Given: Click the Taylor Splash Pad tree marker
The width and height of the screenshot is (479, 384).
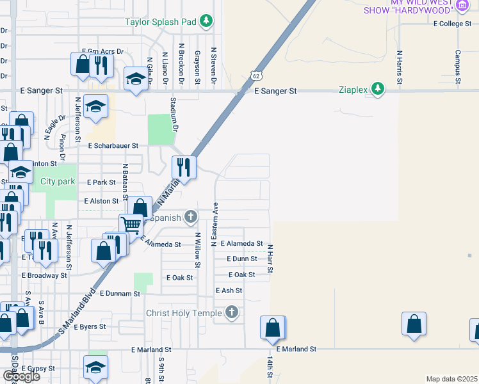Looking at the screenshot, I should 206,22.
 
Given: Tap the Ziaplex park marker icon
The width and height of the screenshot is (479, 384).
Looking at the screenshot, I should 378,90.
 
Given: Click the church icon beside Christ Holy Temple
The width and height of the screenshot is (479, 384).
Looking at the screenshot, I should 232,313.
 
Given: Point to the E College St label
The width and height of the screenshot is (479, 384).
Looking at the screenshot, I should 452,24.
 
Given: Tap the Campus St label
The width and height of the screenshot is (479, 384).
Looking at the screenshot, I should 458,67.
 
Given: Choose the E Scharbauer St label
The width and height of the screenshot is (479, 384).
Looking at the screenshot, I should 113,146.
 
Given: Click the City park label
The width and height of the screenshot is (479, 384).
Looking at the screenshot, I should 58,182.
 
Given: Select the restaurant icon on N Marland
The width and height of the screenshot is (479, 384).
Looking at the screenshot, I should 184,168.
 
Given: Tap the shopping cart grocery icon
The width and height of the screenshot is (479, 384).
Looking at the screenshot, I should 131,224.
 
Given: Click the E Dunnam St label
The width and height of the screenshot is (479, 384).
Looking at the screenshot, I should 120,294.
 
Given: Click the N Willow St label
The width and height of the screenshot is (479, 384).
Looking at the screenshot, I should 197,250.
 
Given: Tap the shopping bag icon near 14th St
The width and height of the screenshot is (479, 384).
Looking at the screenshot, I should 272,327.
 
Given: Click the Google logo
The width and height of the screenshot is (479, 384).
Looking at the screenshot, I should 20,376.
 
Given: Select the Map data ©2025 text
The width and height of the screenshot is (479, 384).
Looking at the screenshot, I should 451,379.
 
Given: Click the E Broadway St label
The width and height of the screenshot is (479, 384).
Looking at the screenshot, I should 44,275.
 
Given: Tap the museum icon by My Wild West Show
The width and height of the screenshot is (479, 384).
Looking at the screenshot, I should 462,4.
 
